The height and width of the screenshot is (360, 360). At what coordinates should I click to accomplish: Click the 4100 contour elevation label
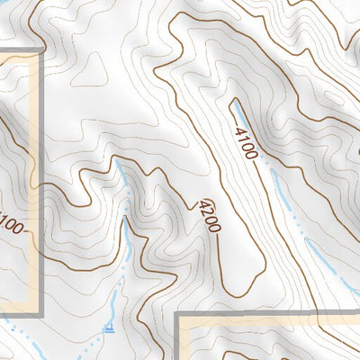[246, 143]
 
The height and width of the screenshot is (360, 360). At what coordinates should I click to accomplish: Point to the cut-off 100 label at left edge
[11, 224]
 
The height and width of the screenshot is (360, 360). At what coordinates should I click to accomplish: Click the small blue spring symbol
[109, 328]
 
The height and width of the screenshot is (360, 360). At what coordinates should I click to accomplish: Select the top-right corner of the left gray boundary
[41, 49]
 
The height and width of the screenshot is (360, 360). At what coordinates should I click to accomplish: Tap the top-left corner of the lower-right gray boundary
[177, 315]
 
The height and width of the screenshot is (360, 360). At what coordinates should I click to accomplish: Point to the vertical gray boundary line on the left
[41, 180]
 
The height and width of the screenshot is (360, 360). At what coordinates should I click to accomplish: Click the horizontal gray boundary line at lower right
[270, 315]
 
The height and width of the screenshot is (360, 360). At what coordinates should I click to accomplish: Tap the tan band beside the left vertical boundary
[34, 180]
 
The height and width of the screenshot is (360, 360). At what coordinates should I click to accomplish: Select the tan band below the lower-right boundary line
[270, 322]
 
